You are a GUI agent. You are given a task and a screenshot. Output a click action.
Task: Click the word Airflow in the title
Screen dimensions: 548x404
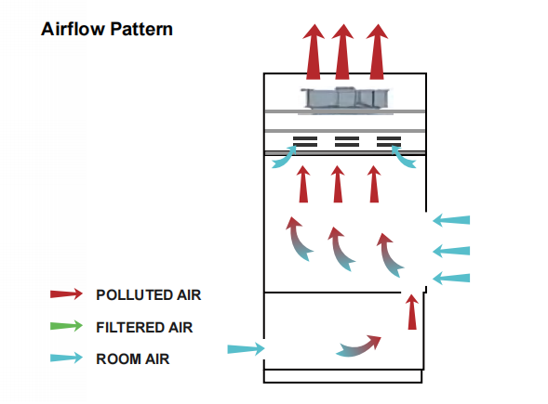click(74, 29)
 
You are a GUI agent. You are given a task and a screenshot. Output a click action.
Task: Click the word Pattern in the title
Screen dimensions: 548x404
click(141, 29)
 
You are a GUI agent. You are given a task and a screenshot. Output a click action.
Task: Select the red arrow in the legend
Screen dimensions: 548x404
click(66, 294)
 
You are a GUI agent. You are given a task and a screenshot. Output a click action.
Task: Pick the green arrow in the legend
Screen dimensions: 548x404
click(66, 326)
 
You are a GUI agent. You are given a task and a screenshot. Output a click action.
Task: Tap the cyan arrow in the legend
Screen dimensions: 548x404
click(66, 358)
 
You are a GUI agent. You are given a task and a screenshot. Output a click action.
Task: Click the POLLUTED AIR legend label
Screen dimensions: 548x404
click(149, 295)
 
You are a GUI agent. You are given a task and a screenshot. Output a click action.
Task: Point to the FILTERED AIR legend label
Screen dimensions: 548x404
click(144, 328)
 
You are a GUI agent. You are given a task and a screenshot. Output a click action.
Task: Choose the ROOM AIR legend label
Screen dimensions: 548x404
click(133, 359)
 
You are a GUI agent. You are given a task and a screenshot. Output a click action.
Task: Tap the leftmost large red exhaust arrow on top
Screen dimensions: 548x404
click(314, 52)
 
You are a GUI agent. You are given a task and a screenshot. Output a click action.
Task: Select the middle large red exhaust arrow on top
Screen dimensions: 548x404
click(342, 52)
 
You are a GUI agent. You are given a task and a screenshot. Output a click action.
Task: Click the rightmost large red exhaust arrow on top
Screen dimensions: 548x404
click(377, 52)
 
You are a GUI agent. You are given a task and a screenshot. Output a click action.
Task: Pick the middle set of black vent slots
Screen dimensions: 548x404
click(347, 142)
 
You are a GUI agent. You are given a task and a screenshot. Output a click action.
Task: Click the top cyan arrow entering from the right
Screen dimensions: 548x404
click(451, 220)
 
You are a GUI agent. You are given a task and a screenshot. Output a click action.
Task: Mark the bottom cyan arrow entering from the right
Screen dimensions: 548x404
click(451, 278)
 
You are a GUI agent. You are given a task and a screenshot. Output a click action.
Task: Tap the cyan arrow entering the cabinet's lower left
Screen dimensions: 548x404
click(246, 348)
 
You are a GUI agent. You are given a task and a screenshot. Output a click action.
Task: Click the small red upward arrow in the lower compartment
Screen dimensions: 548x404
click(412, 312)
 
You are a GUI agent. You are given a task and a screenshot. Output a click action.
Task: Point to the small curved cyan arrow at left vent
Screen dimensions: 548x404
click(284, 159)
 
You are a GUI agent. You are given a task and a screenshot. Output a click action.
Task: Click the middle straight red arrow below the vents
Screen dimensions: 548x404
click(338, 184)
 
